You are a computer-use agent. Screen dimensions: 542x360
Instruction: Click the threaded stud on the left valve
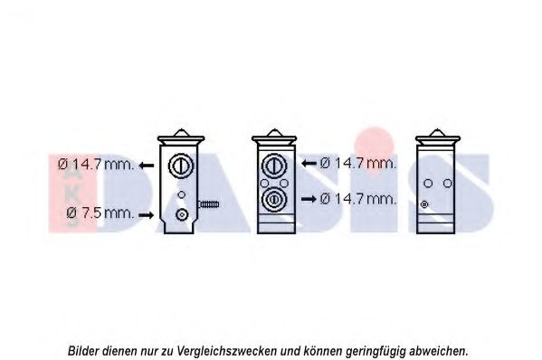coord(208,204)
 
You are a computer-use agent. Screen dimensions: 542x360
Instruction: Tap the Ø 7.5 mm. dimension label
coord(100,213)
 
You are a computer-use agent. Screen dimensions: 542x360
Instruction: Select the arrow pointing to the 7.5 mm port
coord(146,215)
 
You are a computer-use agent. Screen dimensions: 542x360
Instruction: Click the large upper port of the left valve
coord(181,166)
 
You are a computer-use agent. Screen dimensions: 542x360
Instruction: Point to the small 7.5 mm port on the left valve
coord(182,215)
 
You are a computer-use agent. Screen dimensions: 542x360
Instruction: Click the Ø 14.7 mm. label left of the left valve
coord(96,164)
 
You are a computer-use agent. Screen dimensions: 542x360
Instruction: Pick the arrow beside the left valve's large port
coord(147,166)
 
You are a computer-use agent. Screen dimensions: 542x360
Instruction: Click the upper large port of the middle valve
coord(274,166)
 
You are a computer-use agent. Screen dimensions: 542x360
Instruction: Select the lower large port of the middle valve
coord(274,199)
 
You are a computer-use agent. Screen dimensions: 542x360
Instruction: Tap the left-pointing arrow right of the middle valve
coord(309,163)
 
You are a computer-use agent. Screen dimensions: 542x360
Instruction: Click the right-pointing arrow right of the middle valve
coord(309,199)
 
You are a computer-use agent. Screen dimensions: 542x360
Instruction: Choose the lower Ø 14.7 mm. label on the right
coord(357,199)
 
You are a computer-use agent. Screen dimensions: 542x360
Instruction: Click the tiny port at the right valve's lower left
coord(424,204)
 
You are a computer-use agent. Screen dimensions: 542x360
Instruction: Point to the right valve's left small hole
coord(428,183)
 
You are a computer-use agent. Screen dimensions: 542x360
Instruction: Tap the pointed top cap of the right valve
coord(438,133)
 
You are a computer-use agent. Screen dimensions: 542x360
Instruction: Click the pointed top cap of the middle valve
coord(274,133)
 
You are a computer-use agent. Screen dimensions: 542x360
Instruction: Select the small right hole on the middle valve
coord(284,183)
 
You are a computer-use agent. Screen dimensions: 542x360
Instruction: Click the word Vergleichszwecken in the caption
coord(227,351)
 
